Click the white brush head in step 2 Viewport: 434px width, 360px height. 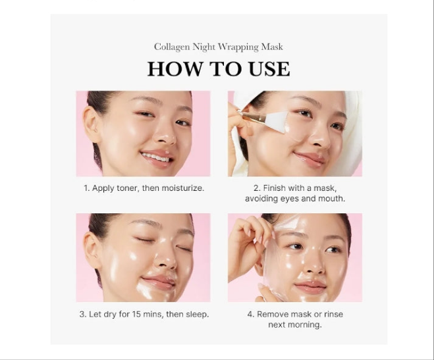(277, 121)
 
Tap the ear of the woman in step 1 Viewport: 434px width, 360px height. (91, 124)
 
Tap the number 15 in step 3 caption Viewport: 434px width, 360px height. (136, 315)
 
